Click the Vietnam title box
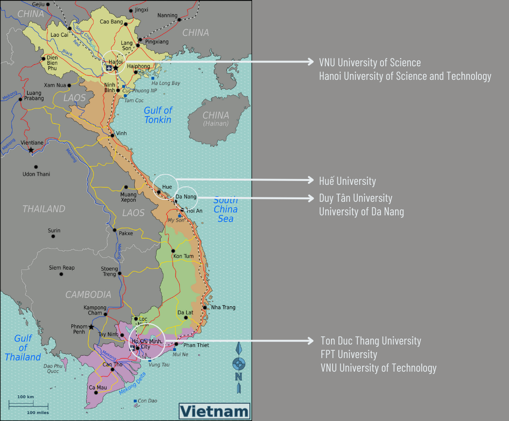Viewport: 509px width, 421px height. click(x=214, y=411)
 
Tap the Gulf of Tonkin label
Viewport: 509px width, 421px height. click(x=158, y=115)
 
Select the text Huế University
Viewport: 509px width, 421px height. click(x=347, y=181)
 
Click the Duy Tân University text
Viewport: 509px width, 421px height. click(x=355, y=198)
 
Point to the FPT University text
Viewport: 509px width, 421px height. click(x=349, y=354)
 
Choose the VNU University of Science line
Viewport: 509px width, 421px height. click(x=369, y=62)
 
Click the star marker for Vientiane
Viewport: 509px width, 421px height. click(x=31, y=150)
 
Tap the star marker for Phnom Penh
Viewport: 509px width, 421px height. click(x=91, y=327)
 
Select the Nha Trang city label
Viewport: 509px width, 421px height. click(x=223, y=307)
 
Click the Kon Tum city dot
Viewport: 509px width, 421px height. click(x=173, y=251)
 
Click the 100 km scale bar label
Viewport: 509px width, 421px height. click(x=25, y=397)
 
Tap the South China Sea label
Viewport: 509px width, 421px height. click(x=225, y=209)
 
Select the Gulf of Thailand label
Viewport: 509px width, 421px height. click(x=23, y=348)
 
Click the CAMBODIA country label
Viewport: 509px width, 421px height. click(x=88, y=294)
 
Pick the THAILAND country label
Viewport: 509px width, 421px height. click(x=44, y=209)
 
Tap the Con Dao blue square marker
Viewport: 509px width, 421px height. click(x=134, y=401)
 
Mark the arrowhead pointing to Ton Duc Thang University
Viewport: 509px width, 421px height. click(x=310, y=341)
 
